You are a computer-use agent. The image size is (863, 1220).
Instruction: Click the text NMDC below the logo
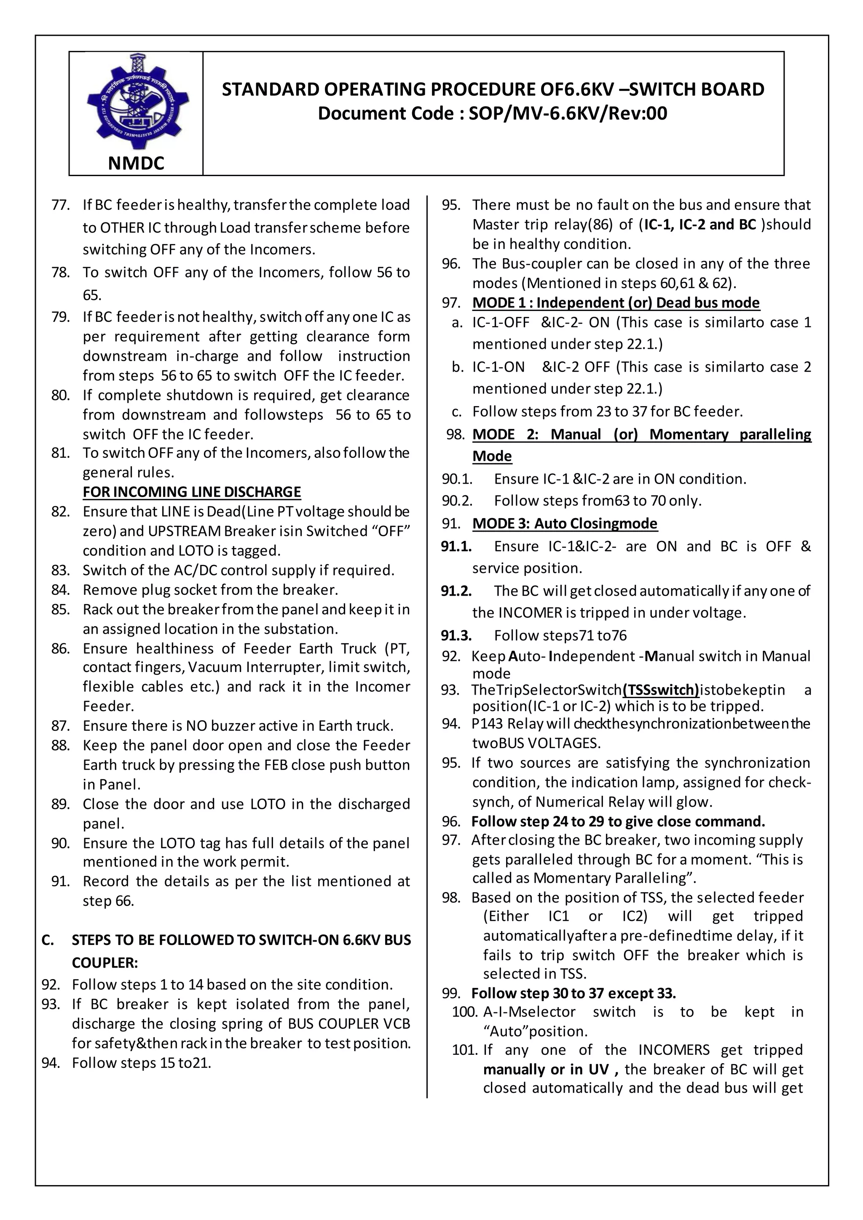136,163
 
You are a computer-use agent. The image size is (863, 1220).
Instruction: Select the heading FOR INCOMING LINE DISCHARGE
192,492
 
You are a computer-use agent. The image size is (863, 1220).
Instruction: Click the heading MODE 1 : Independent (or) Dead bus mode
616,302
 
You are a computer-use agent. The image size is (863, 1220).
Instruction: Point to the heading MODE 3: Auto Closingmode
565,523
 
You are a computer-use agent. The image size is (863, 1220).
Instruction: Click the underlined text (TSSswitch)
661,690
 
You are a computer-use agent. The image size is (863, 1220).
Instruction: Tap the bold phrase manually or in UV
550,1069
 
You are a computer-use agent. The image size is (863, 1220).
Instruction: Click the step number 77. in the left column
61,205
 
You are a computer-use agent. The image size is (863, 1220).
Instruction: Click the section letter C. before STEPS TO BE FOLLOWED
47,940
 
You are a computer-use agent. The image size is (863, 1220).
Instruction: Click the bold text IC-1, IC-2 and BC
700,224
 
